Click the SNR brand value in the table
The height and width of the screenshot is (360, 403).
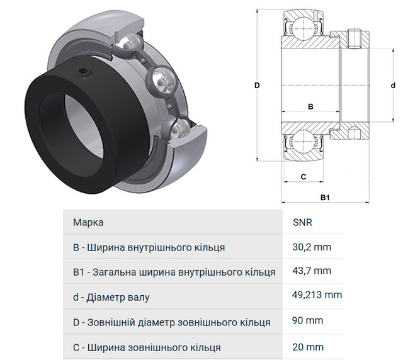[x=303, y=223]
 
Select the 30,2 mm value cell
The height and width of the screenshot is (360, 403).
[x=311, y=247]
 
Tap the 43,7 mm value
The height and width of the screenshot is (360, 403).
[x=311, y=272]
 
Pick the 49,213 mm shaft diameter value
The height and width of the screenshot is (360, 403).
[x=317, y=296]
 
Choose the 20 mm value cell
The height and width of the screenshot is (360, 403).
[x=308, y=347]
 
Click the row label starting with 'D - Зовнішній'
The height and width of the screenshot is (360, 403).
[x=172, y=322]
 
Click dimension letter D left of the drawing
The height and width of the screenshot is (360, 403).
[x=258, y=86]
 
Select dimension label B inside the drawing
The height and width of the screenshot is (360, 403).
[x=310, y=107]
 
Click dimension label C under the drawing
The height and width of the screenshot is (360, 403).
[x=303, y=176]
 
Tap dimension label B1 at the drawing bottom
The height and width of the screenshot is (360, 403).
[x=325, y=198]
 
